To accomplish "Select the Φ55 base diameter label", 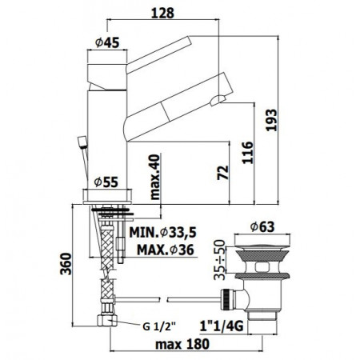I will point(106,181).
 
